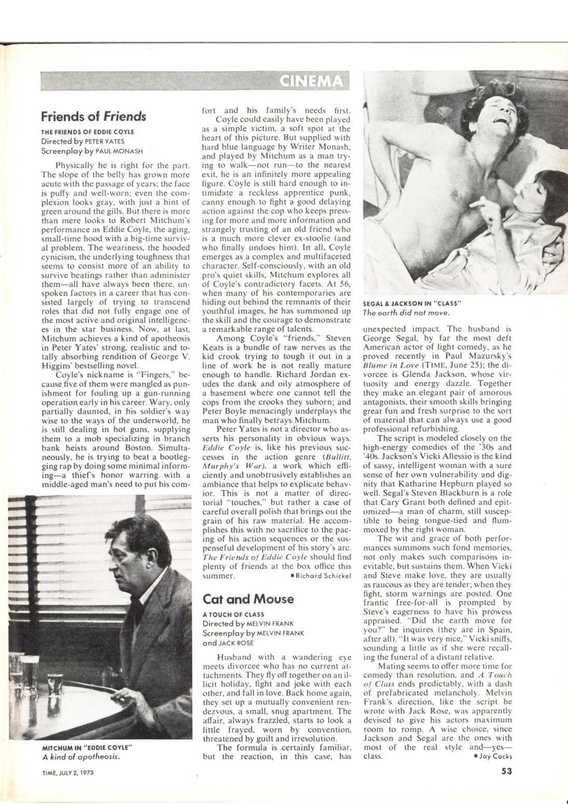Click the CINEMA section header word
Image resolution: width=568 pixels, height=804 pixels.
[311, 81]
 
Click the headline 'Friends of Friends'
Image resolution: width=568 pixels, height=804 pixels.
[93, 116]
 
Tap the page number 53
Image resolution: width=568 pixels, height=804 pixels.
[507, 771]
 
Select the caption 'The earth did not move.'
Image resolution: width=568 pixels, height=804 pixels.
[406, 312]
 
